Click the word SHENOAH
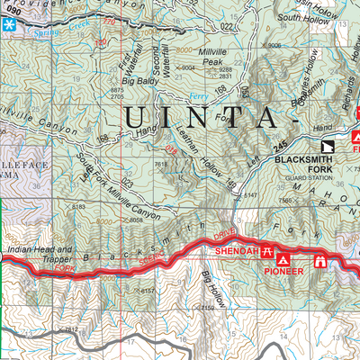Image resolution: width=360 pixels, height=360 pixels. pos(238,250)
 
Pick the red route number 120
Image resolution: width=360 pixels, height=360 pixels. pos(112,20)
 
